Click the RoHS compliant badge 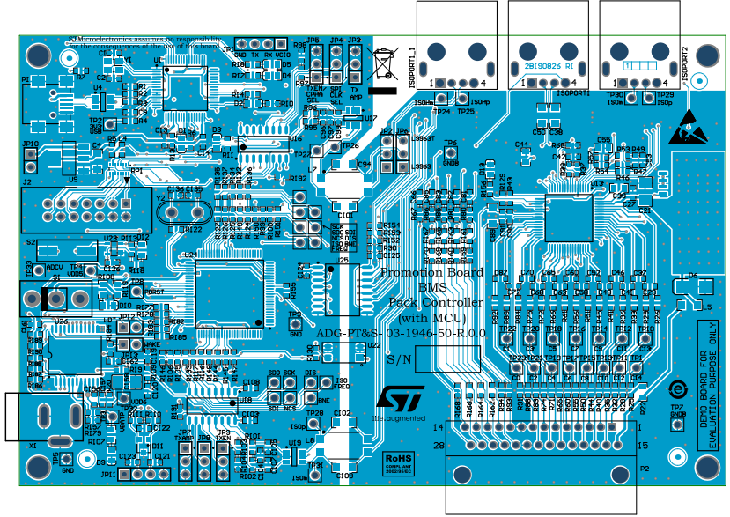398,461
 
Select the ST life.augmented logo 401,403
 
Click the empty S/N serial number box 448,358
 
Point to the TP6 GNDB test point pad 450,154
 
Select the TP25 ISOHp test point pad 465,101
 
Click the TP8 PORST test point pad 136,292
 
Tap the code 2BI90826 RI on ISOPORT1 550,66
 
